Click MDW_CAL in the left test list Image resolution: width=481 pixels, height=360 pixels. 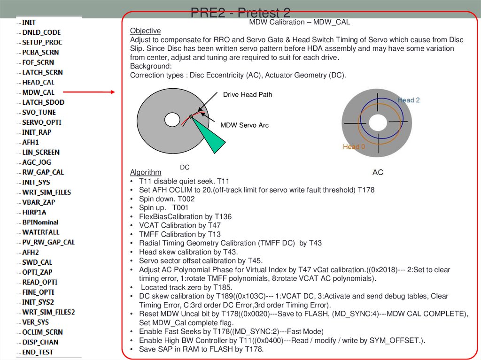(x=39, y=92)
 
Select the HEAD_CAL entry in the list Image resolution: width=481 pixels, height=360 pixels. (x=39, y=82)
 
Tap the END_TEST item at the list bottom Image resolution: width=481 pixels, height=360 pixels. (x=38, y=352)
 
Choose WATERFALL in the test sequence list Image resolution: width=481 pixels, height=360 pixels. (x=41, y=232)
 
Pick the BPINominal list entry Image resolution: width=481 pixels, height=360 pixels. (x=40, y=222)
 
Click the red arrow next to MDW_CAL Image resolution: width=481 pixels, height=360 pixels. (x=89, y=92)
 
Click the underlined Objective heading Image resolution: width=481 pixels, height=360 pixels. (x=146, y=31)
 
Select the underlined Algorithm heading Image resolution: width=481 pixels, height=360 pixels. (x=146, y=172)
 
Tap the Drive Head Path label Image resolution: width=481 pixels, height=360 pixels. (x=248, y=94)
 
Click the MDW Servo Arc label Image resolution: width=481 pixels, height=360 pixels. (x=244, y=125)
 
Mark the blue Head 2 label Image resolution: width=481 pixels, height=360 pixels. (x=409, y=100)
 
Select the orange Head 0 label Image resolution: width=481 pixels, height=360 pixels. (x=354, y=146)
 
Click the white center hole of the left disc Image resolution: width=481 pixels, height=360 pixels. (x=172, y=120)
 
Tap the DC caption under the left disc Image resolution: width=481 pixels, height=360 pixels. (x=185, y=167)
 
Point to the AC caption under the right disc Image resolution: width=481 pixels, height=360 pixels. (x=378, y=172)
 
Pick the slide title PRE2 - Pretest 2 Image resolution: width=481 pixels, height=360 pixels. (x=240, y=13)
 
